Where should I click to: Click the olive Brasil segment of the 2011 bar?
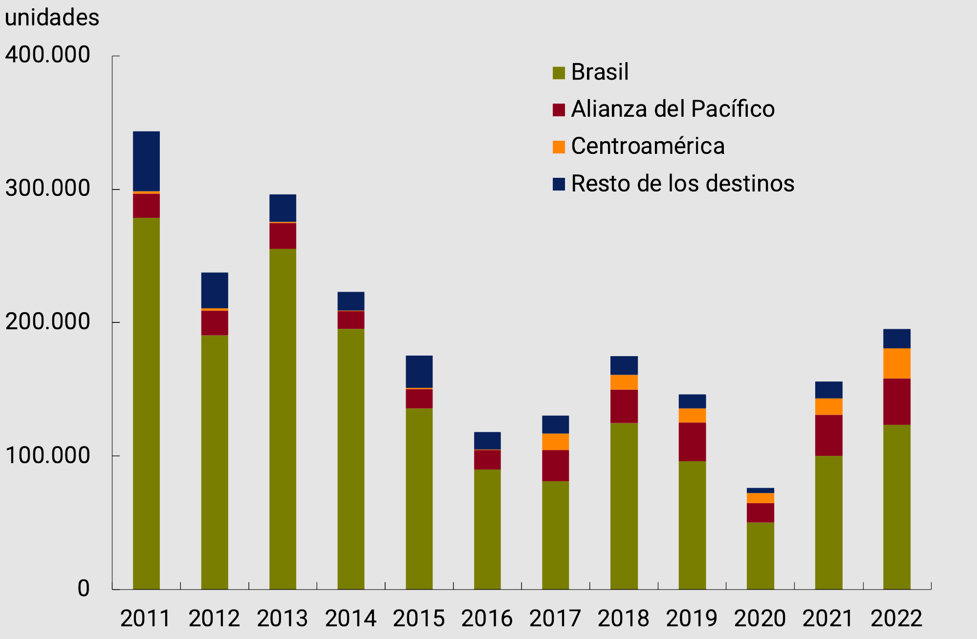pyautogui.click(x=146, y=403)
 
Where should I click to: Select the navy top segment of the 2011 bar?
pyautogui.click(x=146, y=161)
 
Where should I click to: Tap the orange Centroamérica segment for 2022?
pyautogui.click(x=896, y=363)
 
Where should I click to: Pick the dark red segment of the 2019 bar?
pyautogui.click(x=692, y=442)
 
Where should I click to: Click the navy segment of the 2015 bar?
pyautogui.click(x=419, y=371)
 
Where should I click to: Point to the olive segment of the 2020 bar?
pyautogui.click(x=760, y=555)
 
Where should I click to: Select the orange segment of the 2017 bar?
pyautogui.click(x=555, y=442)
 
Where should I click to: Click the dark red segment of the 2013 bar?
pyautogui.click(x=282, y=236)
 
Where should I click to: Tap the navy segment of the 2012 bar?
pyautogui.click(x=215, y=290)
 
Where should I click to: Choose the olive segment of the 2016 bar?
pyautogui.click(x=487, y=529)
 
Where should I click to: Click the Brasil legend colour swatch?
pyautogui.click(x=559, y=73)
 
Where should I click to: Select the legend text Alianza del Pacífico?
pyautogui.click(x=673, y=109)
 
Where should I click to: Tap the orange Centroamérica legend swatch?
pyautogui.click(x=559, y=147)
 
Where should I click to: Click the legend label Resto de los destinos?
pyautogui.click(x=682, y=184)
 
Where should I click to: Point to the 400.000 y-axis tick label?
pyautogui.click(x=48, y=55)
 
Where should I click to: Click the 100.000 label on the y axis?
pyautogui.click(x=48, y=455)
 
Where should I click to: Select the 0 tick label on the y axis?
pyautogui.click(x=84, y=588)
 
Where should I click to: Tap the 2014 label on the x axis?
pyautogui.click(x=350, y=618)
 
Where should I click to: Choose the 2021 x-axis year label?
pyautogui.click(x=828, y=618)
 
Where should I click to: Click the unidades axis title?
pyautogui.click(x=52, y=18)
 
